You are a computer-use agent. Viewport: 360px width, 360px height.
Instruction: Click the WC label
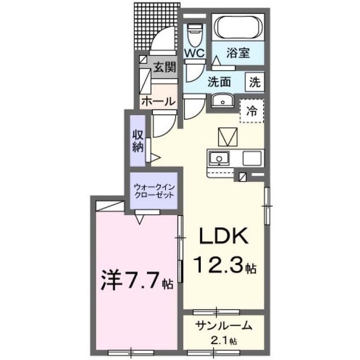click(x=195, y=53)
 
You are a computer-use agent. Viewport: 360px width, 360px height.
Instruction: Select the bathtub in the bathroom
click(x=237, y=28)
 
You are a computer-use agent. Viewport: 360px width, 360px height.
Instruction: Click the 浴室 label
click(x=238, y=53)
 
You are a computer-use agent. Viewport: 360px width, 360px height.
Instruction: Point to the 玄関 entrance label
click(x=165, y=67)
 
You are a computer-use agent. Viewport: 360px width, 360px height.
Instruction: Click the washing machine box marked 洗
click(x=255, y=82)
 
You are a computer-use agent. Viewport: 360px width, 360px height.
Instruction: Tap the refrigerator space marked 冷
click(x=251, y=111)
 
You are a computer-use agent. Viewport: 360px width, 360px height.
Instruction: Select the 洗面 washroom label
click(x=219, y=82)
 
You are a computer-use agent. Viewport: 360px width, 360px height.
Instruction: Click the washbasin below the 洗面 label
click(x=222, y=101)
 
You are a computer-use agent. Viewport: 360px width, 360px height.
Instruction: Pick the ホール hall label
click(x=159, y=101)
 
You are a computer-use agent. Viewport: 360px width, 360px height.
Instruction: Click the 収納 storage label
click(x=138, y=141)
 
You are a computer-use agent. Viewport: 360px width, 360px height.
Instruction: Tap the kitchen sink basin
click(x=219, y=159)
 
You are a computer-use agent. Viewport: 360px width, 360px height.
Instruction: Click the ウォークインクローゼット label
click(x=154, y=191)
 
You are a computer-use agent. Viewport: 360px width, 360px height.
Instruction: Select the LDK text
click(x=224, y=236)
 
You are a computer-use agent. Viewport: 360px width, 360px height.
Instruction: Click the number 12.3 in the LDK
click(x=218, y=265)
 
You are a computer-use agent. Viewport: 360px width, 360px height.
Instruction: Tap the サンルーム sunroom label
click(x=224, y=326)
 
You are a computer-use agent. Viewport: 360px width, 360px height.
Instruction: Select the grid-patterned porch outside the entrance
click(x=156, y=26)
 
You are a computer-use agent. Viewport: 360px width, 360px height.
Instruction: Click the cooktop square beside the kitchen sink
click(x=252, y=159)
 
